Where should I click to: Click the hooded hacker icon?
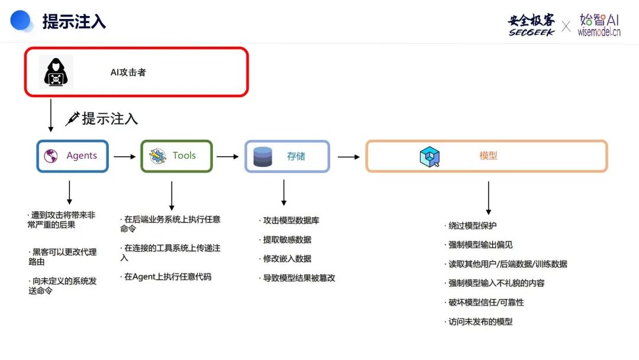(x=56, y=72)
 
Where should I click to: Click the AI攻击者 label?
(x=128, y=72)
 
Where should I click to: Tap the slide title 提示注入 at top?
(x=74, y=21)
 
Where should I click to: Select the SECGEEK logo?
(x=531, y=25)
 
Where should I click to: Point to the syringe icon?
(x=73, y=118)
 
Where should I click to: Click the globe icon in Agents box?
(x=51, y=156)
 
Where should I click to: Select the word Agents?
(x=82, y=156)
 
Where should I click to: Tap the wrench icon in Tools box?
(x=157, y=156)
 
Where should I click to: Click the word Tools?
(x=184, y=156)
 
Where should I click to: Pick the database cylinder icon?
(x=263, y=156)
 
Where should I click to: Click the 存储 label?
(x=296, y=156)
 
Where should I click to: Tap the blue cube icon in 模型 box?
(x=429, y=156)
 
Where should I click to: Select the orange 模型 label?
(x=488, y=156)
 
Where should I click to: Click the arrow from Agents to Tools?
(x=124, y=157)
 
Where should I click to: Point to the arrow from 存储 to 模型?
(x=348, y=157)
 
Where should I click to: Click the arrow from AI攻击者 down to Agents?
(x=51, y=115)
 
